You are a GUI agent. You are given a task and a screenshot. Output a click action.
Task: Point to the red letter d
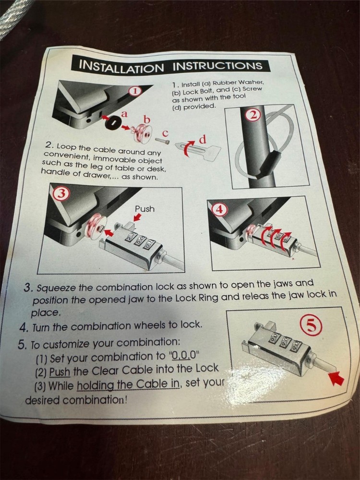[x=202, y=139]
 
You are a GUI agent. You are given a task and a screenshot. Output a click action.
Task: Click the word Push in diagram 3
[x=144, y=209]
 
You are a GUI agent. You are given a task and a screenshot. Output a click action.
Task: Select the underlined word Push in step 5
[x=60, y=372]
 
